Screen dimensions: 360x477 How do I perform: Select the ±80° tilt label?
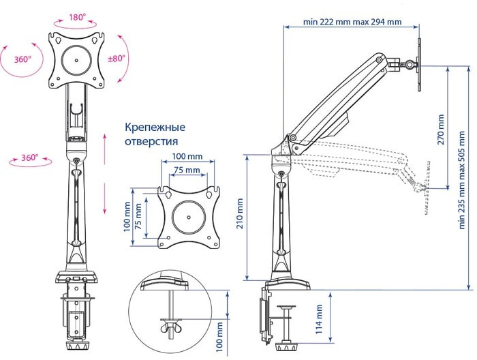tap(117, 59)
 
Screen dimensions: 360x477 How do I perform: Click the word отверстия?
tap(151, 141)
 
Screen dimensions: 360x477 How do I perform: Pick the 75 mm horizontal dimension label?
tap(187, 169)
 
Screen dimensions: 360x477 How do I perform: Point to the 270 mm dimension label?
tap(441, 130)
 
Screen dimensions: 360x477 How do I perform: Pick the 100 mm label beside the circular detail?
tap(219, 335)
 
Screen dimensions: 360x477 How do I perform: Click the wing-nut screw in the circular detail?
tap(168, 329)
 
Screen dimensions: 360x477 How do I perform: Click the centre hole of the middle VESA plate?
tap(187, 217)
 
